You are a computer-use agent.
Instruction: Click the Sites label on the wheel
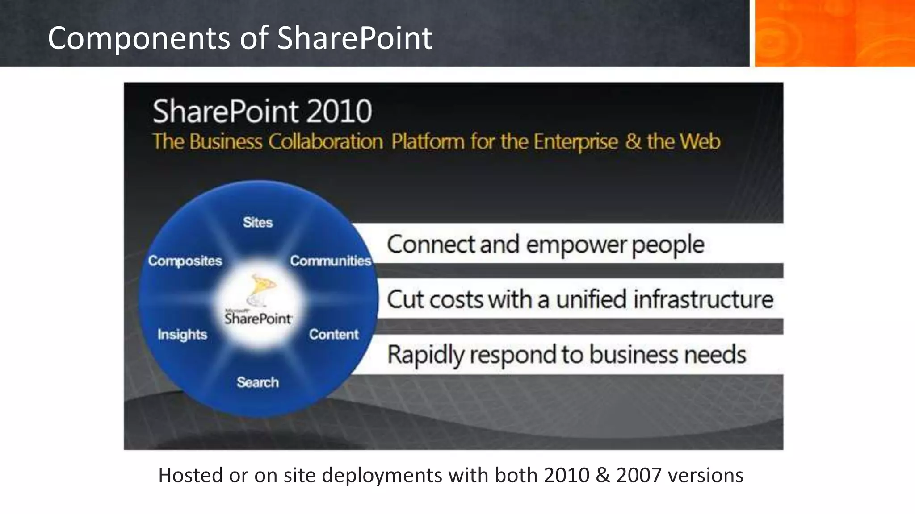pyautogui.click(x=258, y=222)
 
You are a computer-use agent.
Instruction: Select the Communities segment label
pyautogui.click(x=331, y=261)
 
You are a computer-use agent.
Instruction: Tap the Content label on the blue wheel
pyautogui.click(x=334, y=334)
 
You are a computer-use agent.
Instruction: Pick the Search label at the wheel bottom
pyautogui.click(x=258, y=382)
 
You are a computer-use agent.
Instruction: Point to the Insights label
pyautogui.click(x=182, y=335)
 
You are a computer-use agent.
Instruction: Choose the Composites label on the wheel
pyautogui.click(x=185, y=261)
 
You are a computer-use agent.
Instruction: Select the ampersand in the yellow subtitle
pyautogui.click(x=633, y=141)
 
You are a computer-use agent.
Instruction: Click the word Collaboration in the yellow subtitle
pyautogui.click(x=326, y=142)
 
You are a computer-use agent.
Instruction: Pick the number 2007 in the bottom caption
pyautogui.click(x=638, y=475)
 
